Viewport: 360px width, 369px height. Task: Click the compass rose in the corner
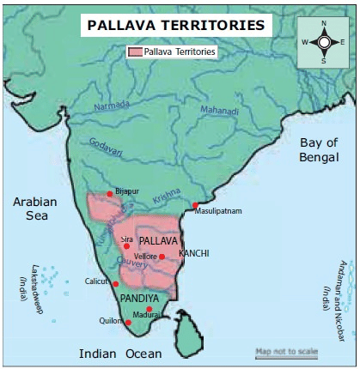pos(324,41)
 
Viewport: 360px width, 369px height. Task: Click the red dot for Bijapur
pos(110,194)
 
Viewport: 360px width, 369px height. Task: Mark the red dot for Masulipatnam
pos(196,205)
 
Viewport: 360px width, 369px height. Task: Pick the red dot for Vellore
pos(162,257)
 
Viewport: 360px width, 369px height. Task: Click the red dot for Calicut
pos(116,284)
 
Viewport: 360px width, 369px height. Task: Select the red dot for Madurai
pos(149,309)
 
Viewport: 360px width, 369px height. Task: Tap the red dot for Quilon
pos(128,324)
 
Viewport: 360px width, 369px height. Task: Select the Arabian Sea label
pos(34,209)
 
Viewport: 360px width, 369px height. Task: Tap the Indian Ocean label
pos(119,354)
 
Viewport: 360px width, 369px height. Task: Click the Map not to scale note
pos(286,352)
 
